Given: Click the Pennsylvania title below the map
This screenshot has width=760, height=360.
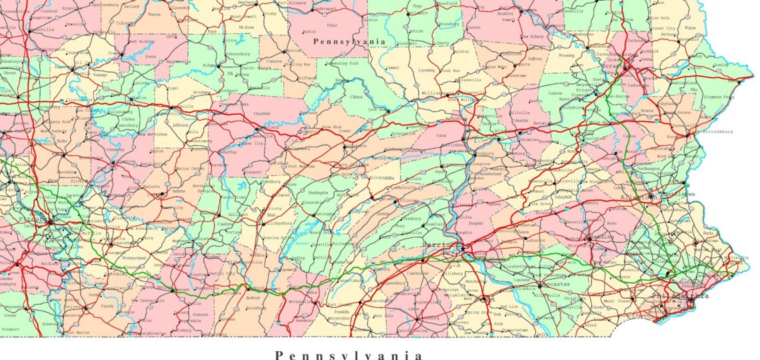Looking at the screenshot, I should point(349,355).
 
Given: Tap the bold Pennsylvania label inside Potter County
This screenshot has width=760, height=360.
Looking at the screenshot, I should point(349,41).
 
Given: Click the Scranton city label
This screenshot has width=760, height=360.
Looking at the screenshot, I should point(613,66).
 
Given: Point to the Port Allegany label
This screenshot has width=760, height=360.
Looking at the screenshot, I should point(287,3).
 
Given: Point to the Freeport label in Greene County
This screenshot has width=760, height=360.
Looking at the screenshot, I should point(11,329).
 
